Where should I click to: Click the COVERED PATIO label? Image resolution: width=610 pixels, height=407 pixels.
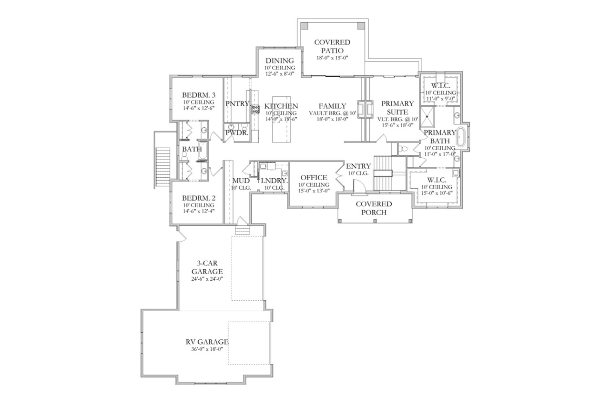click(332, 46)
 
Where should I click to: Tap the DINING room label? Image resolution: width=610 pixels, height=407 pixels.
click(280, 61)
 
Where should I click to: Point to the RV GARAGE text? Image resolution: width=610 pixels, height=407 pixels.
click(207, 342)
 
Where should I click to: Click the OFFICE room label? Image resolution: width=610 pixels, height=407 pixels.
click(314, 178)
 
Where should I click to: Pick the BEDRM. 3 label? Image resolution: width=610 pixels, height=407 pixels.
click(198, 95)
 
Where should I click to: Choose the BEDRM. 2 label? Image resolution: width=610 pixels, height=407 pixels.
click(198, 198)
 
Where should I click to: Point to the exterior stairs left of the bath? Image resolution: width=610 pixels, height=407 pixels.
click(163, 161)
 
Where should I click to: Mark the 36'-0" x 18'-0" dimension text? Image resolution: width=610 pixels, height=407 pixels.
click(207, 348)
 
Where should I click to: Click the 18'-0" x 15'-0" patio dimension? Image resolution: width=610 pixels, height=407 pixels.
click(332, 58)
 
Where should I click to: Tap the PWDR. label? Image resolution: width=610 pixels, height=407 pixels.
click(236, 133)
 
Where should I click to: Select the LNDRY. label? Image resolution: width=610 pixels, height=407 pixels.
click(274, 181)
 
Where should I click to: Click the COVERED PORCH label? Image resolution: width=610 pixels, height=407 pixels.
click(374, 207)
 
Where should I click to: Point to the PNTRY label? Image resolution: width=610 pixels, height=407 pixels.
click(237, 103)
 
